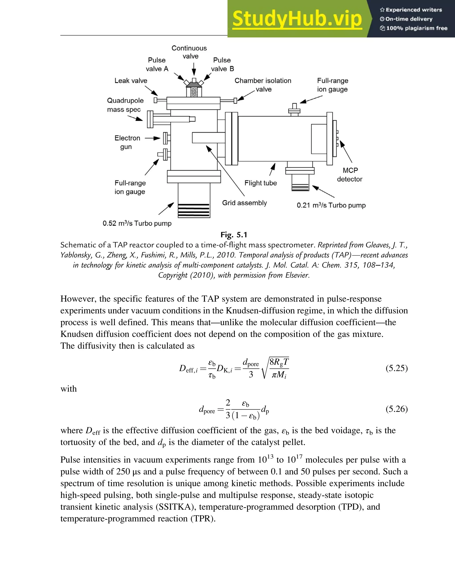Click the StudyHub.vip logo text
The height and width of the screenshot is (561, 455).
[297, 19]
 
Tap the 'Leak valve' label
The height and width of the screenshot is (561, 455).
[131, 81]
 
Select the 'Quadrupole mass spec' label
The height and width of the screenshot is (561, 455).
[125, 105]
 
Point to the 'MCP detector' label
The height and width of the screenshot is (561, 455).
[350, 175]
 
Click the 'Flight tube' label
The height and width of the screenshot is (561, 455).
[261, 183]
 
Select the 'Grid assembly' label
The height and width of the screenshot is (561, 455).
[244, 203]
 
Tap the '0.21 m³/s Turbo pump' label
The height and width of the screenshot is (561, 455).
[331, 205]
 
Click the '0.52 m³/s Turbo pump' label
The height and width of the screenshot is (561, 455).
[137, 223]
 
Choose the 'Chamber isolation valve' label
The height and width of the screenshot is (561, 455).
[263, 85]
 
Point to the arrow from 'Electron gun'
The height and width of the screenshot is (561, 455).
[153, 138]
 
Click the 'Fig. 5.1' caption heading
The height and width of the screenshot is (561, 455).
[234, 235]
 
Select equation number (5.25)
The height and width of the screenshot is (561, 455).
[396, 368]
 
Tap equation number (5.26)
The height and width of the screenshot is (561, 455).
[396, 409]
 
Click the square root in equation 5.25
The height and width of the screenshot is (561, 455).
[275, 368]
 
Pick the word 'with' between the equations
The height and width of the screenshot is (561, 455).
[69, 389]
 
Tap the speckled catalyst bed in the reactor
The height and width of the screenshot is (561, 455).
[194, 92]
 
